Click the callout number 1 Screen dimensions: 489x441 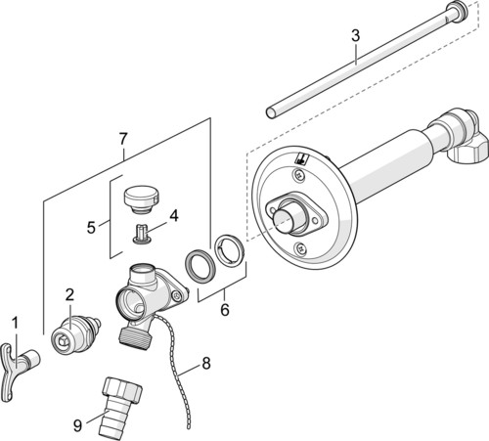coord(16,324)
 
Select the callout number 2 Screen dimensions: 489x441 coord(69,295)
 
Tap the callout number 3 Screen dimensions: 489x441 coord(356,35)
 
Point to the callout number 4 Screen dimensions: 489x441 coord(174,216)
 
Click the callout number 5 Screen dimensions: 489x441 coord(91,227)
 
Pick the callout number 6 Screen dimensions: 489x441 coord(225,309)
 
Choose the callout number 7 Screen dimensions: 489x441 coord(122,139)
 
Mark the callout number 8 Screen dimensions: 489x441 coord(206,363)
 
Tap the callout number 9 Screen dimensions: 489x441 coord(77,425)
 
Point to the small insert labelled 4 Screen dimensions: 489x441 coord(142,234)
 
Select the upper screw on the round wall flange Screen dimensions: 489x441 coord(299,175)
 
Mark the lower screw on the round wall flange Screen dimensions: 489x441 coord(300,249)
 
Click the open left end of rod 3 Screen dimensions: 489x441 coord(271,112)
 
